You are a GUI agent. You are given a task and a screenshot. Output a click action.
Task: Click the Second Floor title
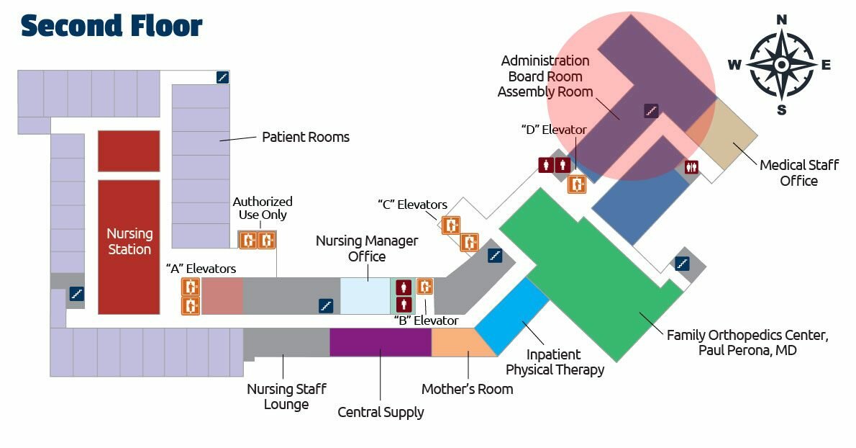point(111,26)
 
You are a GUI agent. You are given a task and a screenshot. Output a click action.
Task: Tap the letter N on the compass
point(782,20)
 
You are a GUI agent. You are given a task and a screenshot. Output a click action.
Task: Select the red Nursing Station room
point(129,246)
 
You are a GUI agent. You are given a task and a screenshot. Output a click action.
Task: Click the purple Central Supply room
point(380,342)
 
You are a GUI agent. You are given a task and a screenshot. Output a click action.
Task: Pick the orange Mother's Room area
point(460,343)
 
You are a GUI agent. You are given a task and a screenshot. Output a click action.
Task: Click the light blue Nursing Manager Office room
point(365,295)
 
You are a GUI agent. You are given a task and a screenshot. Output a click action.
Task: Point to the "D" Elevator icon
point(576,184)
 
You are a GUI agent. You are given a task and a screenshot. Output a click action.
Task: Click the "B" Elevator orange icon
point(424,287)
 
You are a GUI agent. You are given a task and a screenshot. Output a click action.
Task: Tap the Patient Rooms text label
point(306,137)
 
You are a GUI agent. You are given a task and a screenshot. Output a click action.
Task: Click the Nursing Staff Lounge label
point(287,396)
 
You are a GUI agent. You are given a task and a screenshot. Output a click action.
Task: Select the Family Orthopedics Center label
point(747,342)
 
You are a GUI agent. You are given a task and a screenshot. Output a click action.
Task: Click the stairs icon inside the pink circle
point(651,111)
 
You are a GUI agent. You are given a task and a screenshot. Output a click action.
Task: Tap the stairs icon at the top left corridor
point(222,77)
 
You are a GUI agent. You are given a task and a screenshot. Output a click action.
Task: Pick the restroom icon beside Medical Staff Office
point(692,166)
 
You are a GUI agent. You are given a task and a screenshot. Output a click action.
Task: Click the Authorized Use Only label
point(263,208)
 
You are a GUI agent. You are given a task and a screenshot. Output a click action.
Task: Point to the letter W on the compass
point(734,66)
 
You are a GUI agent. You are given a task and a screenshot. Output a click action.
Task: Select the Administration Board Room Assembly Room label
point(545,76)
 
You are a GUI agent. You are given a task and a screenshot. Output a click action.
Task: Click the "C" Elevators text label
point(412,205)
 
